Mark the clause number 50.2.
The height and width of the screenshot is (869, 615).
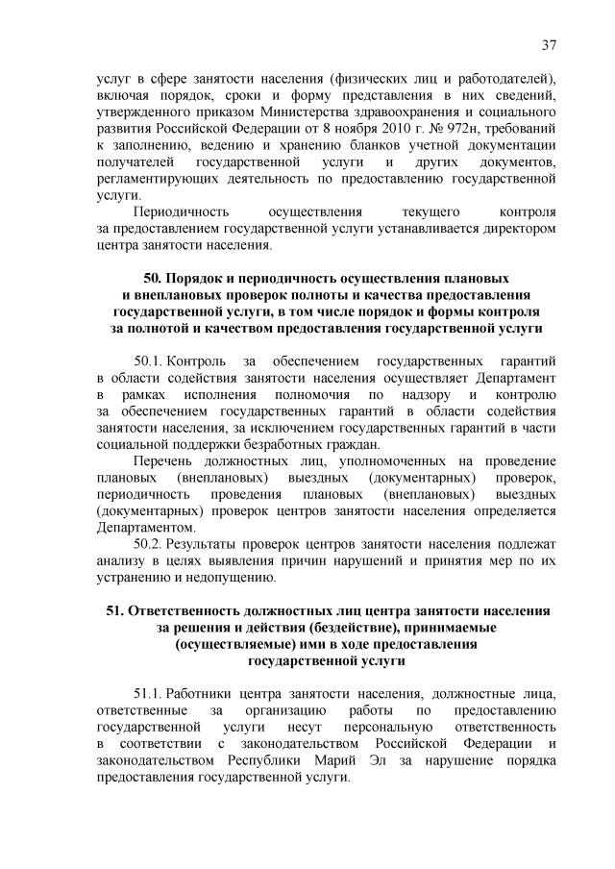pyautogui.click(x=151, y=544)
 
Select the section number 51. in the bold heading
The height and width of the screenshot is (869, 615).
pyautogui.click(x=114, y=611)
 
